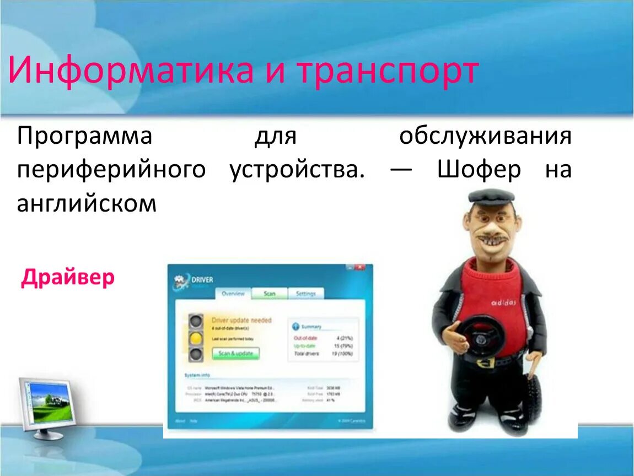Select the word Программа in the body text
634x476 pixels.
[x=84, y=136]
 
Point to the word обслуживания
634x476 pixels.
[x=485, y=136]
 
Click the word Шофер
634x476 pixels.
[x=479, y=170]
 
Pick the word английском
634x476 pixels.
[x=87, y=204]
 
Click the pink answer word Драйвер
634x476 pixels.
[x=68, y=277]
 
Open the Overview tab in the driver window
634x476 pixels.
[x=233, y=294]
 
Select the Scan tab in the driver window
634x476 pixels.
[x=270, y=294]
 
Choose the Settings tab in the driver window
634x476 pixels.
[x=305, y=294]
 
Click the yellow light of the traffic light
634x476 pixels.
[x=195, y=338]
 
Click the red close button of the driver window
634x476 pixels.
[x=360, y=267]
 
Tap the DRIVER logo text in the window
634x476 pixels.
[x=202, y=280]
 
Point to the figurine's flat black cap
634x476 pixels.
[x=490, y=196]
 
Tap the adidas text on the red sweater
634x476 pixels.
[x=503, y=302]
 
